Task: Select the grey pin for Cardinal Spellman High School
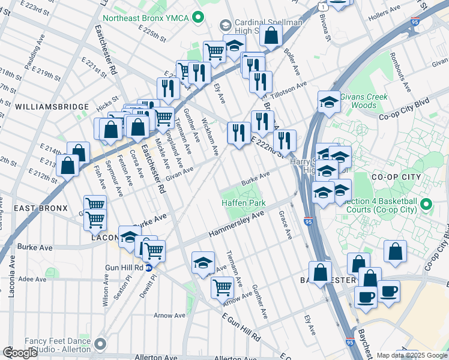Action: (225, 25)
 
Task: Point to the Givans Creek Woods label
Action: (364, 101)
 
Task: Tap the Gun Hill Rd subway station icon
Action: (148, 268)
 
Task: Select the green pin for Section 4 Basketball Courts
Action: (427, 205)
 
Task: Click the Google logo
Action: (20, 353)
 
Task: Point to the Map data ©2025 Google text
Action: (412, 355)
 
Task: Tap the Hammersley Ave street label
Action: (237, 226)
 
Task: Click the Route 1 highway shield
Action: (322, 6)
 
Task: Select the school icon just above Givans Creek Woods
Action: (329, 102)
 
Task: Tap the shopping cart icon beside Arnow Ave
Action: (222, 287)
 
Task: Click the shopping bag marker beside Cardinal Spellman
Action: (271, 35)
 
